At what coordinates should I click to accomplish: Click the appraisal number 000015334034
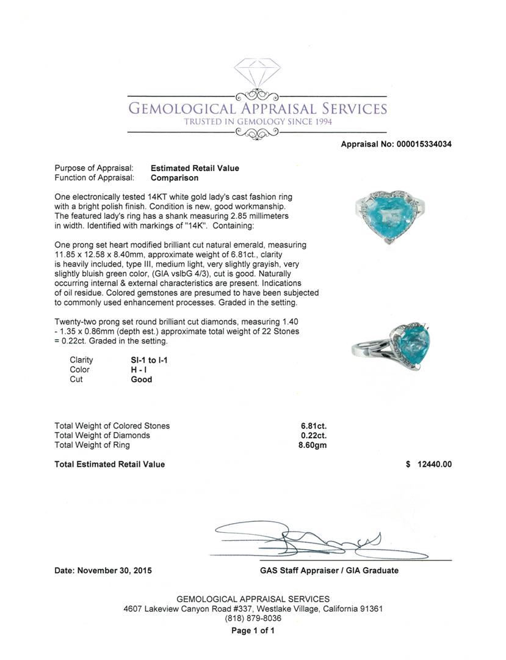click(424, 144)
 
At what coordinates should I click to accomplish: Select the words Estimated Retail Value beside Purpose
click(195, 168)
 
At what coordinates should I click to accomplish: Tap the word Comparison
click(175, 178)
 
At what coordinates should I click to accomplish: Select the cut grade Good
click(142, 380)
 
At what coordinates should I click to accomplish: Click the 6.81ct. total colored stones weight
click(313, 426)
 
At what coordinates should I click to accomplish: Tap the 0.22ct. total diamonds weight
click(313, 436)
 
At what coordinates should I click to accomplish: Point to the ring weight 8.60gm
click(311, 446)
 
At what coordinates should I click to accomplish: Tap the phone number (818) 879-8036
click(253, 618)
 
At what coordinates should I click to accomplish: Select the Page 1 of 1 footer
click(253, 631)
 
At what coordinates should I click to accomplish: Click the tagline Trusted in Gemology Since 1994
click(257, 122)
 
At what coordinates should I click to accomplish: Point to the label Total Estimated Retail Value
click(110, 464)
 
